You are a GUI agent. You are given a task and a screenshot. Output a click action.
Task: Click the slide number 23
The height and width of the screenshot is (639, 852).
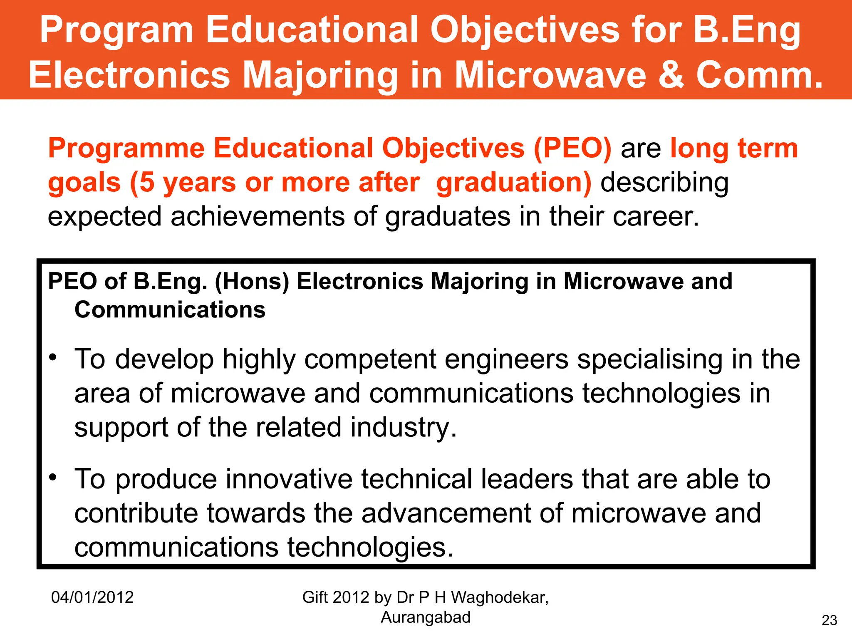[830, 620]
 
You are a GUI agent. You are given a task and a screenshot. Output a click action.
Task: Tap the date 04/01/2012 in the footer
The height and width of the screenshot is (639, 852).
[92, 597]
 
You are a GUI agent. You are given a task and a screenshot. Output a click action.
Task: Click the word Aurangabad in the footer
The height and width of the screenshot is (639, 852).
[426, 617]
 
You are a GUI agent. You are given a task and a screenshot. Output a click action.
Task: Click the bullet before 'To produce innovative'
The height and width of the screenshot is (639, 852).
[52, 478]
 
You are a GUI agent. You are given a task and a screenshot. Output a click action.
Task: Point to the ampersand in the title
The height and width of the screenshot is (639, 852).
[671, 75]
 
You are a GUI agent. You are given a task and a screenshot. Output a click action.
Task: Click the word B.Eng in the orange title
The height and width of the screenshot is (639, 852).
[747, 30]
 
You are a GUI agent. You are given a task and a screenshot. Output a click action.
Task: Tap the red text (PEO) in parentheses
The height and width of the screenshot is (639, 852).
[572, 148]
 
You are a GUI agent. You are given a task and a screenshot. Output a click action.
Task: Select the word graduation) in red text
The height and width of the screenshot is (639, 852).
[513, 183]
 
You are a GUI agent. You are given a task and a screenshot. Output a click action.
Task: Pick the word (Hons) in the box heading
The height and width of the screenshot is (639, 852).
[252, 282]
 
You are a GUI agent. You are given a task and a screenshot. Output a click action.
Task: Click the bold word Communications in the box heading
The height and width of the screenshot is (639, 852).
[170, 310]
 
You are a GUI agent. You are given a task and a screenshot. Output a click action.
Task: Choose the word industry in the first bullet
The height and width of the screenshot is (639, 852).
[403, 428]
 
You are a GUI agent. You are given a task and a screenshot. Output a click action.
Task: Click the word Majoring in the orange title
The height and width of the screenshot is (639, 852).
[320, 75]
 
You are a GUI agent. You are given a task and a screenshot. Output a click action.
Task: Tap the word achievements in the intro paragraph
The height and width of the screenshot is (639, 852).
[258, 217]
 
